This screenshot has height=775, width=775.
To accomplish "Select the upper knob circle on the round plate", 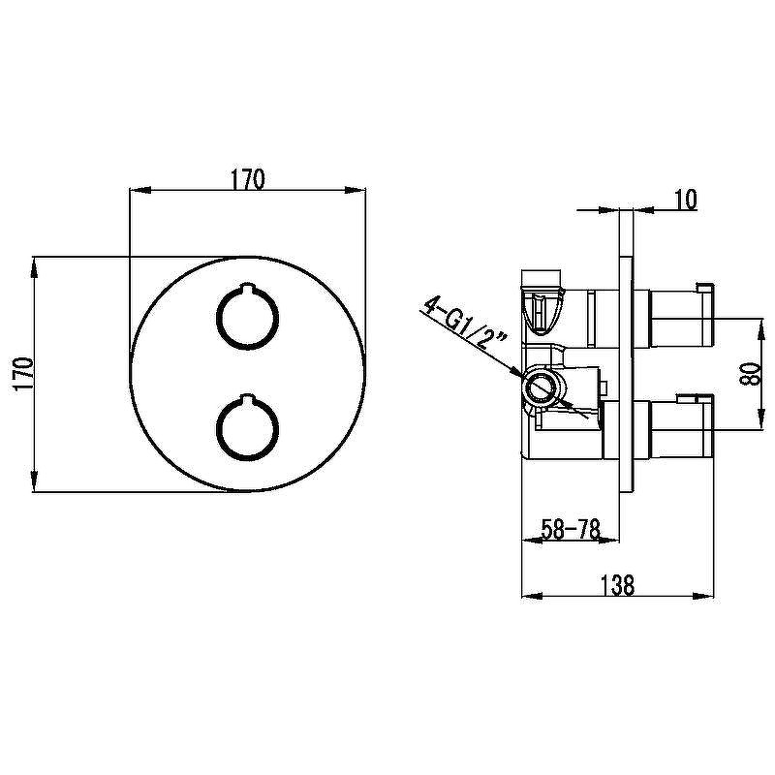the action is click(247, 317).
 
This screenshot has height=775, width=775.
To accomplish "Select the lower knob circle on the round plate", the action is click(247, 427).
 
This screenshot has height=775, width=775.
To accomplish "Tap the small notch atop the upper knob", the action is click(247, 287).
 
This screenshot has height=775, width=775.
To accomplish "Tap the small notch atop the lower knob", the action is click(247, 397).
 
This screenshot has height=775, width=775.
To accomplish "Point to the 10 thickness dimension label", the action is click(685, 200).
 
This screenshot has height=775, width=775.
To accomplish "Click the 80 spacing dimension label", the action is click(750, 374).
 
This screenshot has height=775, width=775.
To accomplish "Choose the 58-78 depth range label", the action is click(571, 529).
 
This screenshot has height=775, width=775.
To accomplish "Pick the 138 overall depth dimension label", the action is click(617, 585).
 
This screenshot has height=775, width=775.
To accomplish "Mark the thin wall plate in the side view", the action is click(626, 374).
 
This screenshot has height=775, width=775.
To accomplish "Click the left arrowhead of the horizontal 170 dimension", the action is click(139, 190).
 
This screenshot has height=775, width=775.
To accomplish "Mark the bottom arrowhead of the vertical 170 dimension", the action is click(34, 480).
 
